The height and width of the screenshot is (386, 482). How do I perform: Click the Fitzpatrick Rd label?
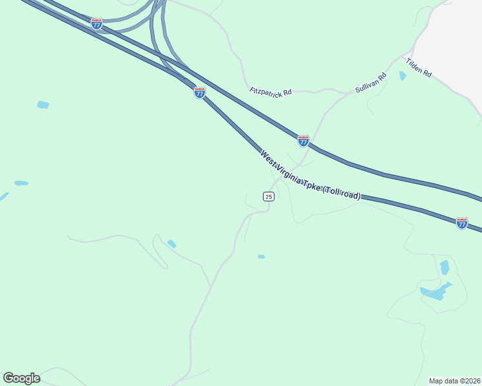pyautogui.click(x=271, y=91)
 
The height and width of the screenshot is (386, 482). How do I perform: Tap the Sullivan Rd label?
pyautogui.click(x=371, y=83)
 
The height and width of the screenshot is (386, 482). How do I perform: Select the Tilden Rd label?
pyautogui.click(x=418, y=67)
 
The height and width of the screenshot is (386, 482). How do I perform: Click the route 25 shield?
pyautogui.click(x=269, y=196)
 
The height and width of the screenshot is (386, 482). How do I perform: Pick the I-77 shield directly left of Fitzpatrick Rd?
pyautogui.click(x=200, y=93)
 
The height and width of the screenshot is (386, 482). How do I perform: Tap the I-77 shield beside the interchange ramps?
pyautogui.click(x=97, y=24)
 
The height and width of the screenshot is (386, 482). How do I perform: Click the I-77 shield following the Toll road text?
pyautogui.click(x=461, y=223)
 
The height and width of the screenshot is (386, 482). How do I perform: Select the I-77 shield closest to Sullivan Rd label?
pyautogui.click(x=303, y=140)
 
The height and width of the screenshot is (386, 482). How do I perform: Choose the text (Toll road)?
pyautogui.click(x=342, y=192)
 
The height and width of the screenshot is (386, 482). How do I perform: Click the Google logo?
pyautogui.click(x=21, y=378)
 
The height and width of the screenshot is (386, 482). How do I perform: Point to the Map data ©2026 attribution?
pyautogui.click(x=454, y=380)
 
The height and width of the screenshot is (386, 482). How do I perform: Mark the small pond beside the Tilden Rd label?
pyautogui.click(x=403, y=76)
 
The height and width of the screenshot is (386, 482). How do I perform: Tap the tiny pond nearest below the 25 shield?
pyautogui.click(x=261, y=257)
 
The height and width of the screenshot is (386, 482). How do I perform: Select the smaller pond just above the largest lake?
pyautogui.click(x=444, y=266)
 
